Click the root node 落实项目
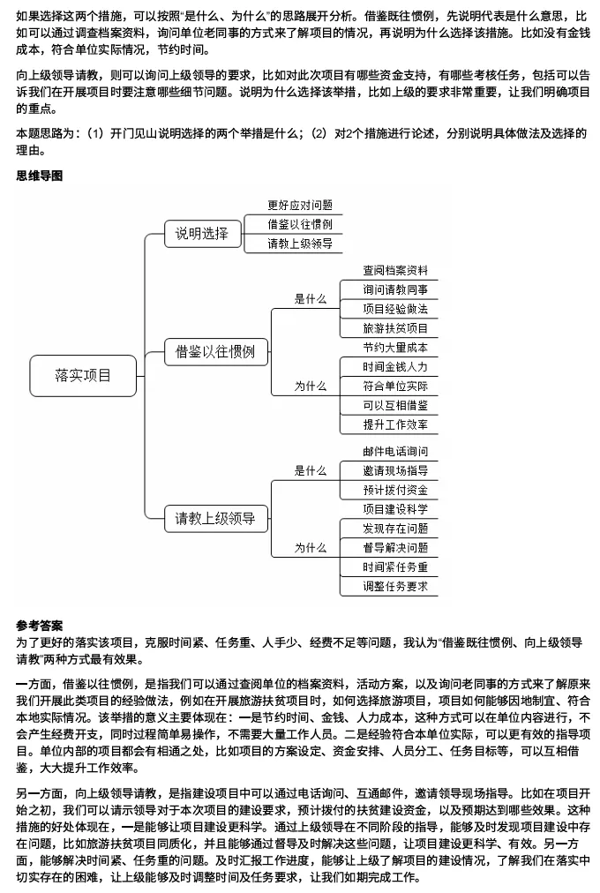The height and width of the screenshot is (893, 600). point(84,375)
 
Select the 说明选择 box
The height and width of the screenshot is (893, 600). point(202,233)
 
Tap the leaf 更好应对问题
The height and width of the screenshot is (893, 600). point(300,205)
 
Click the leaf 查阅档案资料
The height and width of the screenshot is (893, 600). point(395,270)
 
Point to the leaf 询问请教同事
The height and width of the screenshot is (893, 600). point(395,289)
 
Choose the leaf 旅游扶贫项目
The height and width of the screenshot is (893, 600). point(395,328)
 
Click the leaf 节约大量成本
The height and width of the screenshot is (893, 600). point(395,348)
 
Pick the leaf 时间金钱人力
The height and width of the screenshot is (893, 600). point(395,367)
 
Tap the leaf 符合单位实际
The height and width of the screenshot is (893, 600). point(395,386)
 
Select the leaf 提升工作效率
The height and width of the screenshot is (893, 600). point(395,424)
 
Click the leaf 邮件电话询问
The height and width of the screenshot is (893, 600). point(395,452)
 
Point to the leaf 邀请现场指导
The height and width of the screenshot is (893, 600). point(395,470)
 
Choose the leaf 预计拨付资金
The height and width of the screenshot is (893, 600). point(395,490)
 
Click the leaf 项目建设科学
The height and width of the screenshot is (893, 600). point(395,509)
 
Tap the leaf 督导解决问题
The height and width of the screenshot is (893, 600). point(395,548)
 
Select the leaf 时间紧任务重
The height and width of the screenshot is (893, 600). point(395,567)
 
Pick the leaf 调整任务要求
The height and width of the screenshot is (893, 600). point(395,586)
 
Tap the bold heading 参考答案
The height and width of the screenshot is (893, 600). point(40,626)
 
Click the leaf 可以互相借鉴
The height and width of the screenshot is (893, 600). point(395,405)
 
